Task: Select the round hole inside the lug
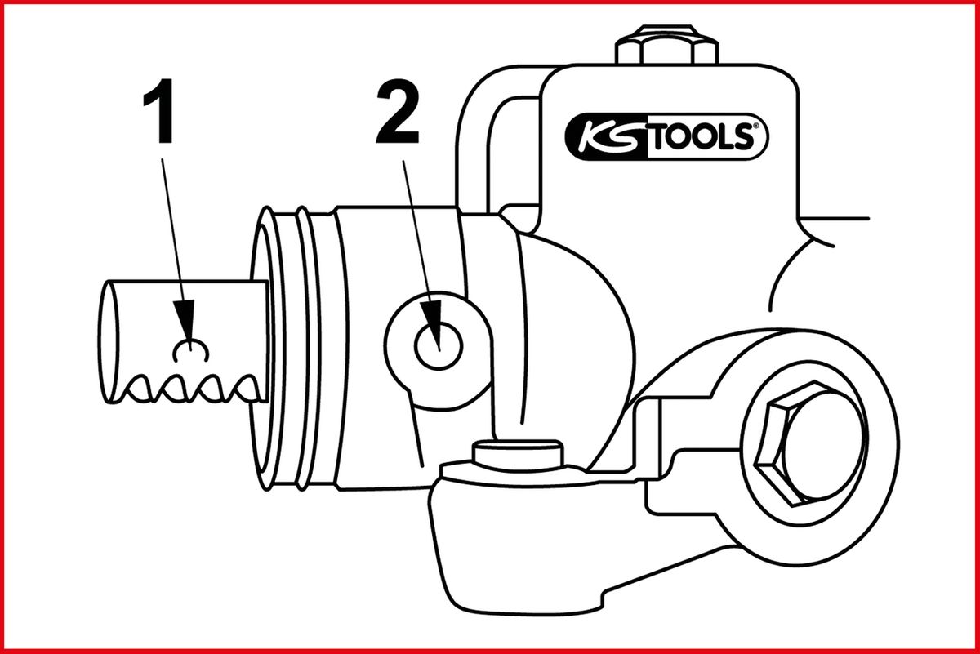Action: coord(439,346)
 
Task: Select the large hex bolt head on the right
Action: coord(810,444)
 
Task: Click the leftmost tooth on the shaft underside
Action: coord(139,389)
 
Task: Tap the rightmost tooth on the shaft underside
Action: coord(248,389)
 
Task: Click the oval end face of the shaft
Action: coord(109,341)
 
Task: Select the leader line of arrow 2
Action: coord(418,231)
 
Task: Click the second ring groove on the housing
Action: coord(303,348)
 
